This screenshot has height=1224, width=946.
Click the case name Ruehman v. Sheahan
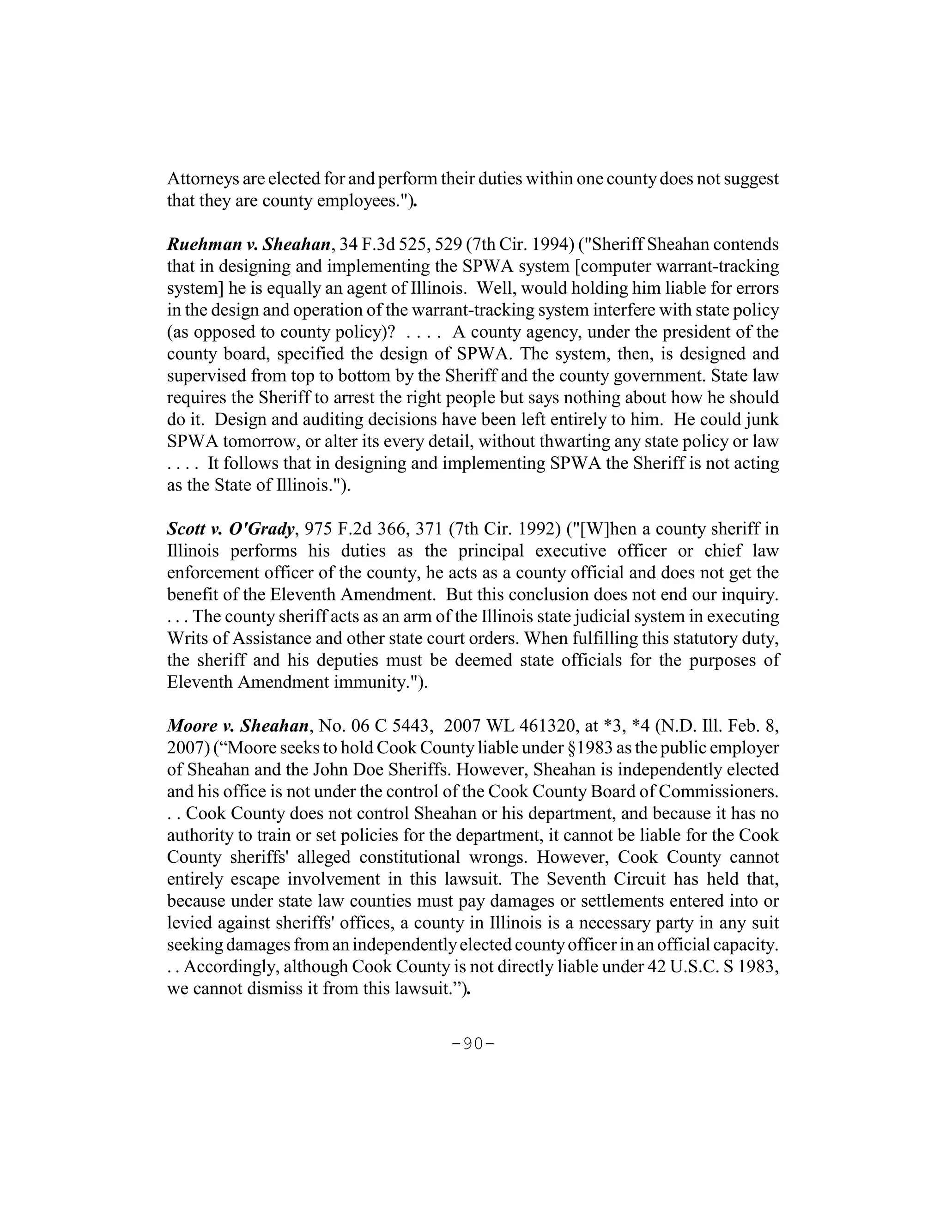[x=248, y=245]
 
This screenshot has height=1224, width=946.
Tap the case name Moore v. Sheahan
[x=237, y=727]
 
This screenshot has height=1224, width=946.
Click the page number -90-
[x=473, y=1043]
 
